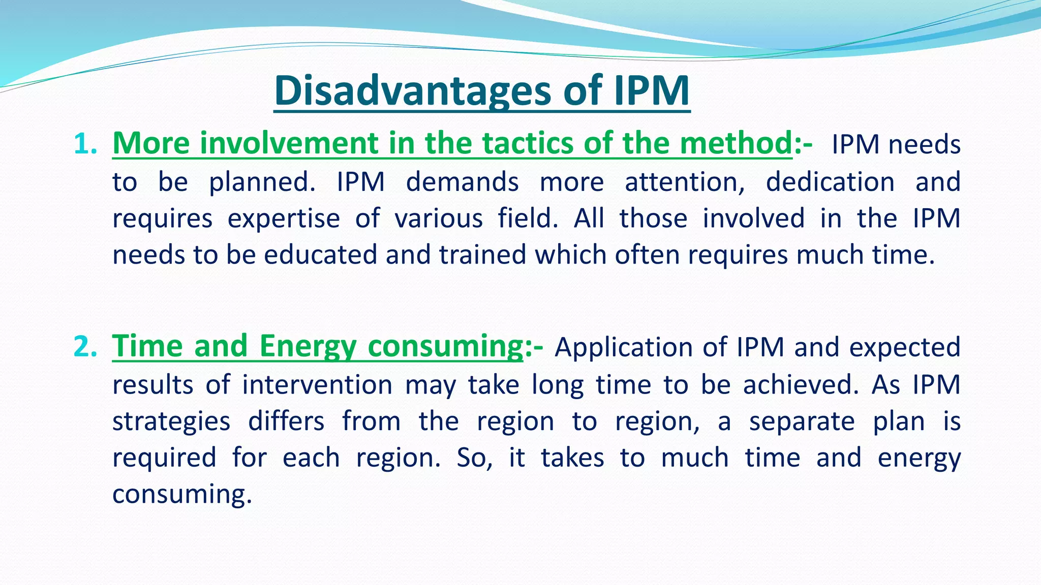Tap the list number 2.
coord(84,347)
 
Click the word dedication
coord(830,182)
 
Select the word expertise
coord(283,219)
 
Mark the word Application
coord(623,348)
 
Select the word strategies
coord(171,421)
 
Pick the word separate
coord(802,421)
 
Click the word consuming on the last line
coord(181,494)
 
